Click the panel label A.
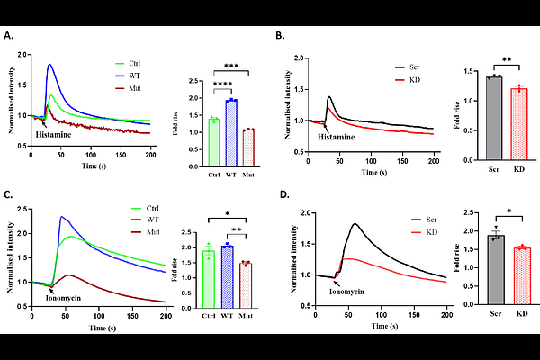tap(10, 37)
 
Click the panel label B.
tap(280, 37)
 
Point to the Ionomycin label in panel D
tap(346, 292)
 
